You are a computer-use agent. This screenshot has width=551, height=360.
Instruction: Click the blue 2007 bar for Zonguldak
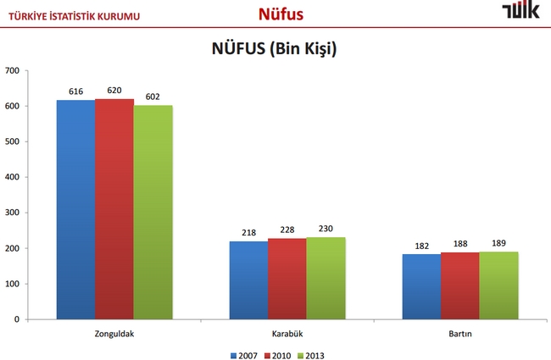click(75, 209)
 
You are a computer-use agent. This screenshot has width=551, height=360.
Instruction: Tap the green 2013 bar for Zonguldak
click(153, 212)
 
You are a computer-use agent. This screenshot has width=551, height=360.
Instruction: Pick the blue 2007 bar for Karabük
click(248, 280)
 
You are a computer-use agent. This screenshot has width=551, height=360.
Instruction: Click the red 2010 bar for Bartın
click(459, 285)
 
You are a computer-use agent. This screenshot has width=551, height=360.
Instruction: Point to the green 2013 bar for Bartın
click(498, 285)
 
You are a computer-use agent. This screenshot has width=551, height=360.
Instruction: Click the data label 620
click(114, 90)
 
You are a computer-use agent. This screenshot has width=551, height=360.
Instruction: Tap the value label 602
click(153, 97)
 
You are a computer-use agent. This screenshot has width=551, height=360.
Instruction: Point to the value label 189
click(498, 243)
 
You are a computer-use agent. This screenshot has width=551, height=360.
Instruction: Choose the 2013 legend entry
click(311, 355)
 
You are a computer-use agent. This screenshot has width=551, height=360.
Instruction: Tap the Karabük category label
click(287, 334)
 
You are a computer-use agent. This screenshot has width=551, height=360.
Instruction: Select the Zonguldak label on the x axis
click(114, 334)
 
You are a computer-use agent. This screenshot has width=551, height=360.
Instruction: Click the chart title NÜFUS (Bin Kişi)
click(275, 49)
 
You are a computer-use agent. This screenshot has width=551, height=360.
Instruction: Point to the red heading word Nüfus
click(281, 14)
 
